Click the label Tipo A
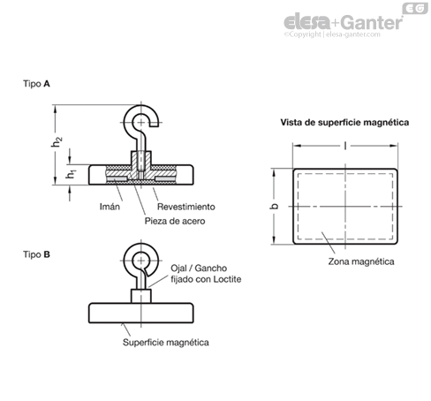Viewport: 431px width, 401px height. (x=36, y=84)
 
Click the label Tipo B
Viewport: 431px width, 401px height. (x=36, y=254)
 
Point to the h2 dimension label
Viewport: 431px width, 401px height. (x=57, y=142)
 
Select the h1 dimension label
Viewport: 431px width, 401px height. (x=71, y=174)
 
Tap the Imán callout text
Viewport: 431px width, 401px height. (x=110, y=207)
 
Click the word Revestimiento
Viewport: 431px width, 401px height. (x=186, y=207)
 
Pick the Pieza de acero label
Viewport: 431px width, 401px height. (x=175, y=221)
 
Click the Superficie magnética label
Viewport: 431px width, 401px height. (x=166, y=343)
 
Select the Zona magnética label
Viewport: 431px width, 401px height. (x=361, y=261)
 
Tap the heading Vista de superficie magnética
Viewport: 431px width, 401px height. (x=344, y=123)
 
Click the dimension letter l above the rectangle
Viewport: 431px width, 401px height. (x=345, y=146)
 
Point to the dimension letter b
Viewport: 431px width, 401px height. (x=274, y=206)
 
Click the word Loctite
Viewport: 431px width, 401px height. (x=227, y=279)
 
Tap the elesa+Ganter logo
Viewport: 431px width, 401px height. (x=343, y=22)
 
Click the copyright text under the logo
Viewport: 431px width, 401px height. (x=332, y=34)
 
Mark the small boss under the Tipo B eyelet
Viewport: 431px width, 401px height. (x=141, y=296)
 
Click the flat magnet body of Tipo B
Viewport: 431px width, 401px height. (x=141, y=313)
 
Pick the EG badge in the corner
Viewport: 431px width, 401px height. (x=415, y=8)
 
